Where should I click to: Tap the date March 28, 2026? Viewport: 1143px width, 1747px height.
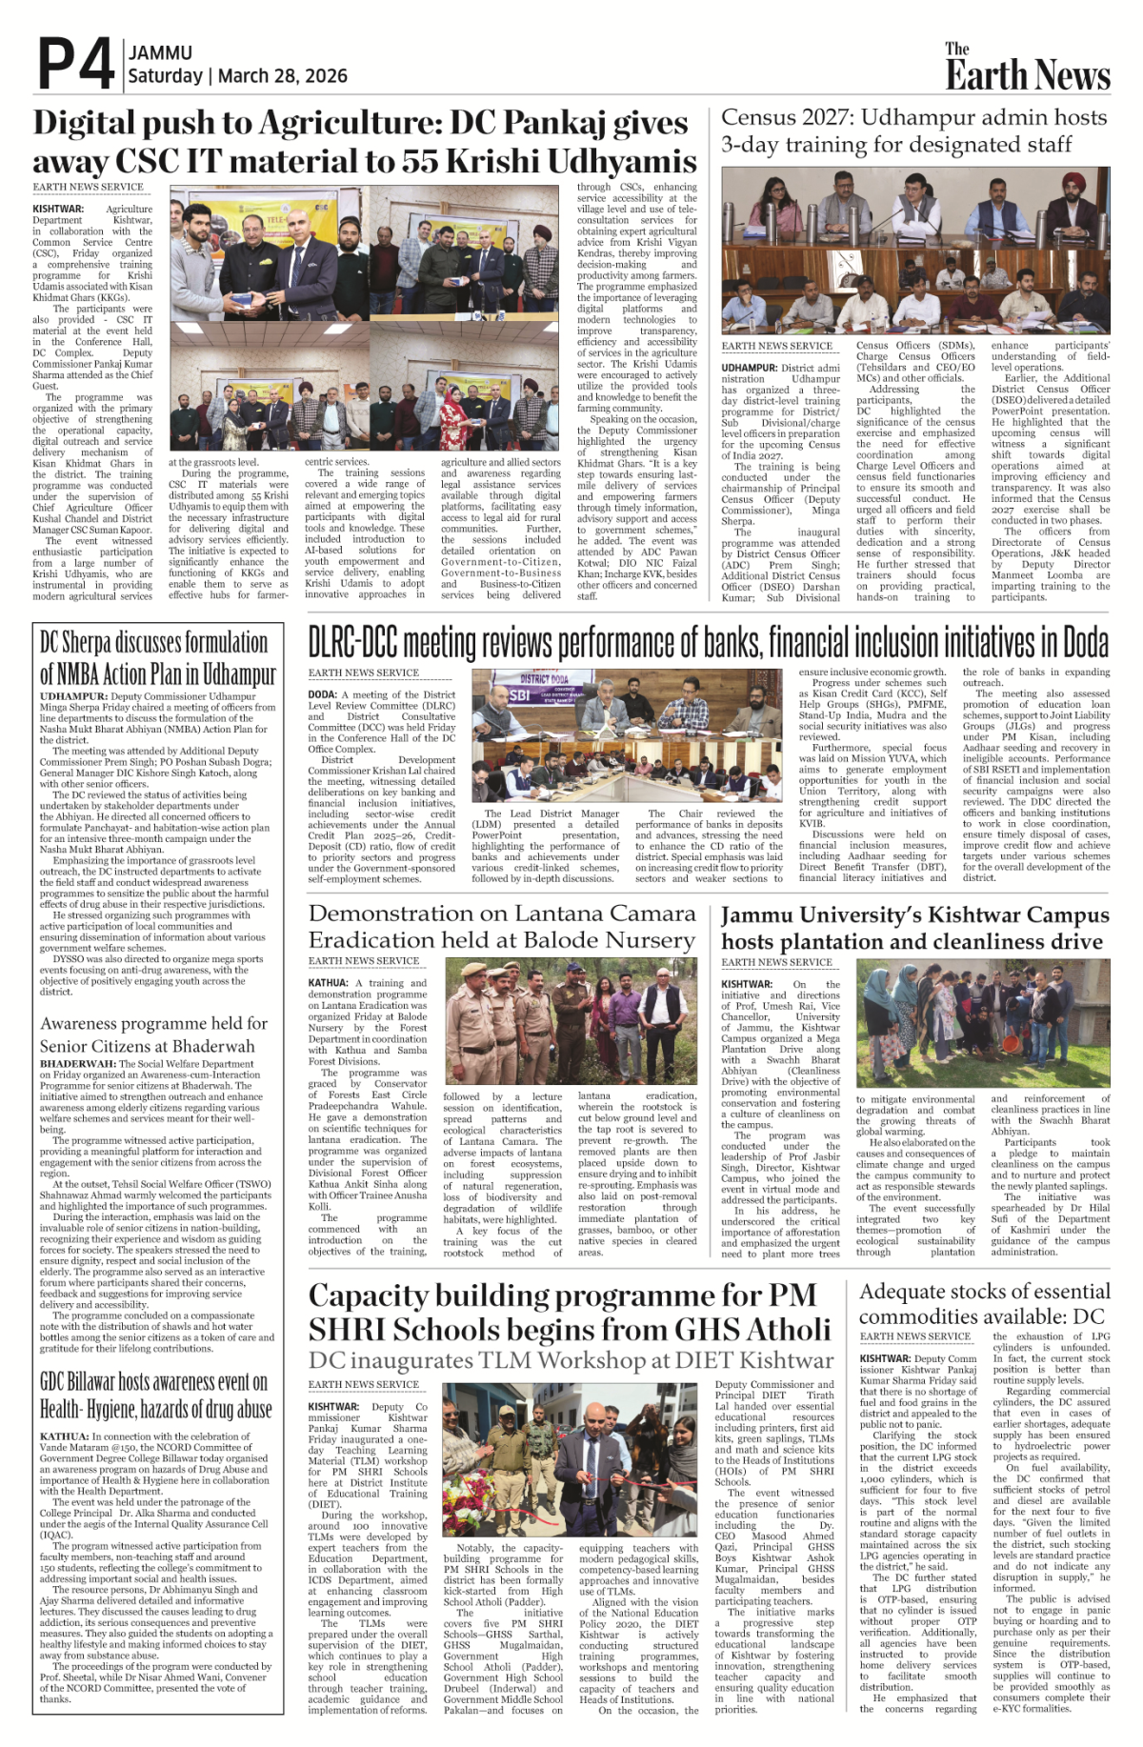point(283,76)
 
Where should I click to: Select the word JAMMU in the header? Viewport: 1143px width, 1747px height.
point(160,53)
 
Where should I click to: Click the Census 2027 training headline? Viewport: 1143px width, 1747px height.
point(913,131)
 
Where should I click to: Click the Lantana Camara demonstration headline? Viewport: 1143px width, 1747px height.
point(502,927)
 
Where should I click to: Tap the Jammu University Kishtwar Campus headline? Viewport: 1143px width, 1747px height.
point(914,928)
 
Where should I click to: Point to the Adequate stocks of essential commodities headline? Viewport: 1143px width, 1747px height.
point(984,1304)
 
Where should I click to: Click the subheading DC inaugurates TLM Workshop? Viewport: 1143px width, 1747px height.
point(570,1360)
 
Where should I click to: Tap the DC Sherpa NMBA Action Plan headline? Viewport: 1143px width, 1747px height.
point(157,657)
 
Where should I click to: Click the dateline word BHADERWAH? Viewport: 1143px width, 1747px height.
point(79,1063)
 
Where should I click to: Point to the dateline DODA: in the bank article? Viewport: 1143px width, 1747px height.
point(323,694)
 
